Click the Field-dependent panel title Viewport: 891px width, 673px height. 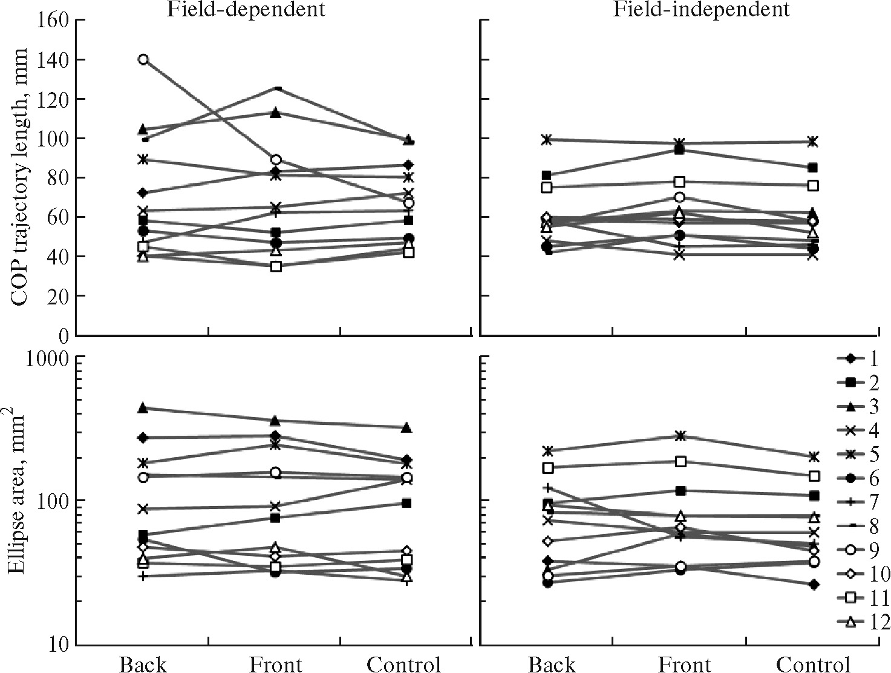coord(246,9)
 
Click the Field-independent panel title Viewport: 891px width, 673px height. coord(701,9)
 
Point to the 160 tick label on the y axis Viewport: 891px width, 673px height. coord(53,21)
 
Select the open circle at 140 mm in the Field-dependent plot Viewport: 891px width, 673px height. coord(143,59)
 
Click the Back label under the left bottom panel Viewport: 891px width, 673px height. coord(143,664)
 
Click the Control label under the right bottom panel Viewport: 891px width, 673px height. coord(813,664)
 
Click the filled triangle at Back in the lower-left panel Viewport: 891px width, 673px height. coord(143,409)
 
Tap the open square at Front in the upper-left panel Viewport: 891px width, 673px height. coord(276,266)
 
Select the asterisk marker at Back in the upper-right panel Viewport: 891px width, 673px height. coord(547,140)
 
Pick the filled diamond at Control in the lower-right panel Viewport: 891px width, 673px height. coord(814,585)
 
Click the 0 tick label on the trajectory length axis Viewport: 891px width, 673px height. coord(63,335)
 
